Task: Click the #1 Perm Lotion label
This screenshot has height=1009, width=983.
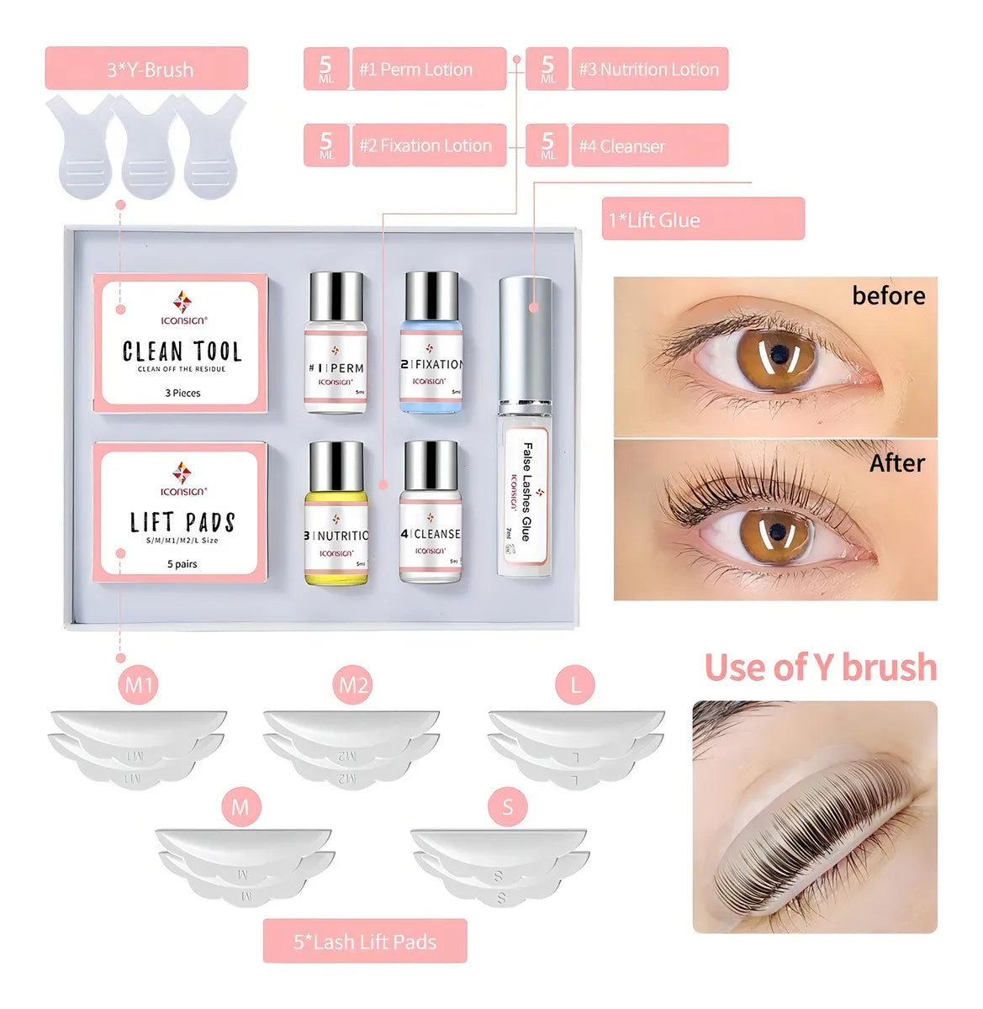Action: (x=428, y=69)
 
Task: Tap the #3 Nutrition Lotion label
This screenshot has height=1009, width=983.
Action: (x=648, y=69)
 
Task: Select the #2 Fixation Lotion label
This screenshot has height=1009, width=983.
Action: (x=428, y=145)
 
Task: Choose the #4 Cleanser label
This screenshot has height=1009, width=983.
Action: (x=648, y=146)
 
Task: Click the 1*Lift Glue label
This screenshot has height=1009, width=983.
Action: (x=702, y=219)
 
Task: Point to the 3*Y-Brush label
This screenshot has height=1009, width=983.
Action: (x=146, y=69)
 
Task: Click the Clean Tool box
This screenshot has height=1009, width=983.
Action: (x=181, y=343)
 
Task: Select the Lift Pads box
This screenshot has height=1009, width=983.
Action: (x=181, y=511)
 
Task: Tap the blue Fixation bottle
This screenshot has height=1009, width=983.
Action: (x=432, y=343)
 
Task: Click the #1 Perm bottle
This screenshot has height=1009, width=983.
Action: (x=336, y=343)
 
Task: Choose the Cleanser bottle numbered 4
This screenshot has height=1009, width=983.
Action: (x=431, y=513)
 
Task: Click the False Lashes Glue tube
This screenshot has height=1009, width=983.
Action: (x=526, y=429)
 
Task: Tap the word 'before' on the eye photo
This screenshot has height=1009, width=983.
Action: (x=888, y=296)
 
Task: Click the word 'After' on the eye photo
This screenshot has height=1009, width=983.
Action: (x=896, y=463)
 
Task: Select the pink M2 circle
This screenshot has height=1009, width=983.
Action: (x=353, y=685)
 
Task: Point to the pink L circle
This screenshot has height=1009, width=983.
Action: (x=576, y=685)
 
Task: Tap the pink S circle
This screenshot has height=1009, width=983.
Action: (x=507, y=807)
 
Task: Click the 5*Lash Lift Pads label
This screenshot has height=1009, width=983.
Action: (x=364, y=942)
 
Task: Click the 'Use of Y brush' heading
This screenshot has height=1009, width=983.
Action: (x=820, y=668)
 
